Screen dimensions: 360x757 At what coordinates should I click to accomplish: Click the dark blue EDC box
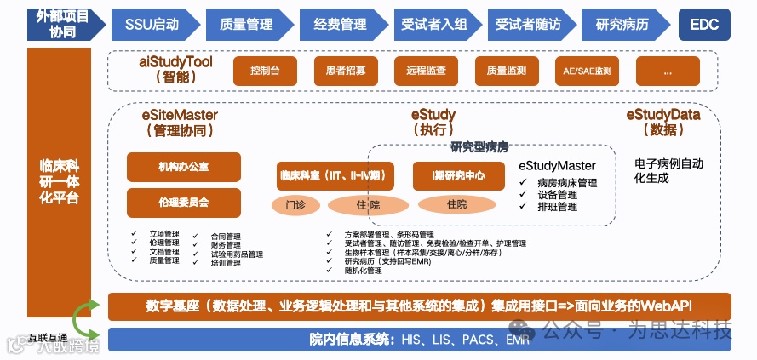click(x=704, y=24)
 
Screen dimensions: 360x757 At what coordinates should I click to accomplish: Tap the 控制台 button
click(x=266, y=71)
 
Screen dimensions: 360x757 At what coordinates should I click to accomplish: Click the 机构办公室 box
click(x=183, y=166)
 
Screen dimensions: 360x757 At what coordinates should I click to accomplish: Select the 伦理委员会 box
click(x=183, y=203)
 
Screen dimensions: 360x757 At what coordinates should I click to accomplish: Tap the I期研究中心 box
click(x=459, y=176)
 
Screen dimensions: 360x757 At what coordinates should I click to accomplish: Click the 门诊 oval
click(x=295, y=204)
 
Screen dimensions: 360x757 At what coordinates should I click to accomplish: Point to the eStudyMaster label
click(x=557, y=165)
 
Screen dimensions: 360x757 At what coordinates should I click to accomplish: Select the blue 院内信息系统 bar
click(x=419, y=340)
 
